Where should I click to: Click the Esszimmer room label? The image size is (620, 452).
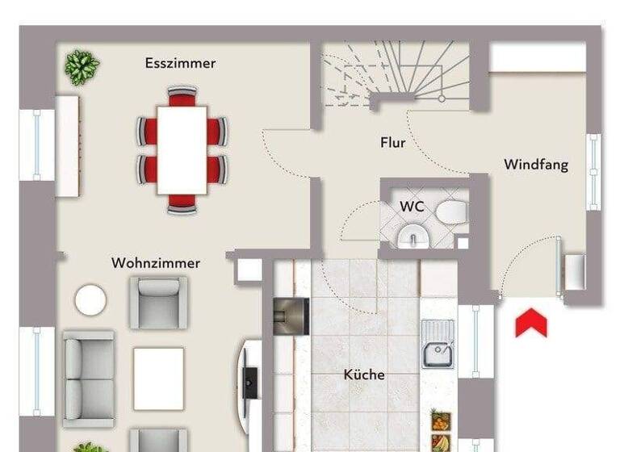(x=180, y=63)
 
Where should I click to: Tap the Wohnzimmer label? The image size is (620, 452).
(x=156, y=263)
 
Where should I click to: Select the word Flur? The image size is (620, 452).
(x=392, y=143)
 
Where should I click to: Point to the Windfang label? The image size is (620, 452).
(x=536, y=165)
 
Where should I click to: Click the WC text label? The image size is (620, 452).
(x=412, y=207)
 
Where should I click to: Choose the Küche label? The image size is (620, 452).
(x=364, y=375)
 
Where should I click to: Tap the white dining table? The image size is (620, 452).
(x=182, y=150)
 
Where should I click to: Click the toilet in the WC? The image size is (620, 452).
(x=452, y=213)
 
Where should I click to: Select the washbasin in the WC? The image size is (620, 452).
(x=413, y=236)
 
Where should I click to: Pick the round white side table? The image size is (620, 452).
(x=90, y=300)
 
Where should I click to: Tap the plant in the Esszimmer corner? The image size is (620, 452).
(x=82, y=66)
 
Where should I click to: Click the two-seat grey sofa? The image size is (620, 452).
(x=88, y=378)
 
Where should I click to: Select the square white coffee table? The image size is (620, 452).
(x=158, y=378)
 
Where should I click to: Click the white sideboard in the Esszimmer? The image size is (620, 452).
(x=67, y=146)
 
